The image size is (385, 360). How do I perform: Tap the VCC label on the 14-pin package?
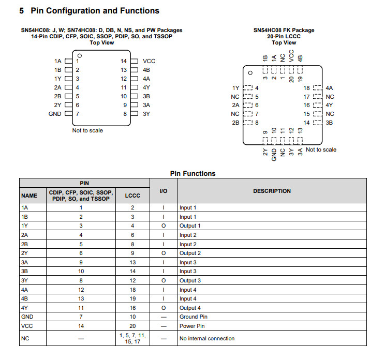click(x=149, y=61)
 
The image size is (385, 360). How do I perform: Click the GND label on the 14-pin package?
click(x=55, y=114)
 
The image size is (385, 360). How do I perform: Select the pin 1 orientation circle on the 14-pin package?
click(x=79, y=55)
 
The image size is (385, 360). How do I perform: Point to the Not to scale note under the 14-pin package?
click(x=87, y=130)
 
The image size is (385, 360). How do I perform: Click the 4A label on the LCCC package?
click(x=330, y=88)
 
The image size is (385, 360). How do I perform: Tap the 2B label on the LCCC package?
click(x=235, y=123)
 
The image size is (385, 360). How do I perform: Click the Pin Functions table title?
click(x=192, y=173)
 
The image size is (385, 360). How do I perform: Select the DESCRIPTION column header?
click(x=272, y=191)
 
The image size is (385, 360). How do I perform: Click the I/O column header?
click(x=164, y=191)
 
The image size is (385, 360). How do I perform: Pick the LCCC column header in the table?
click(x=132, y=196)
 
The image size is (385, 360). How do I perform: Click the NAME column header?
click(x=29, y=196)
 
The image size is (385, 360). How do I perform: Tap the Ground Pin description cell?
click(x=194, y=317)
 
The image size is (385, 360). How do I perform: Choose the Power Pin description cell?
click(x=191, y=326)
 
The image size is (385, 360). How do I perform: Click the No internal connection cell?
click(x=207, y=338)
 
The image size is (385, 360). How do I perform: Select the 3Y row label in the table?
click(x=25, y=280)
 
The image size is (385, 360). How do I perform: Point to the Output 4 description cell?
click(x=190, y=308)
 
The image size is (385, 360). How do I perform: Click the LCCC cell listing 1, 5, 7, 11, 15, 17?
click(x=132, y=338)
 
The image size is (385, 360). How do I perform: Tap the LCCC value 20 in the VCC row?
click(x=132, y=326)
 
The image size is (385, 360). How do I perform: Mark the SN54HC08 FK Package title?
click(x=284, y=30)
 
